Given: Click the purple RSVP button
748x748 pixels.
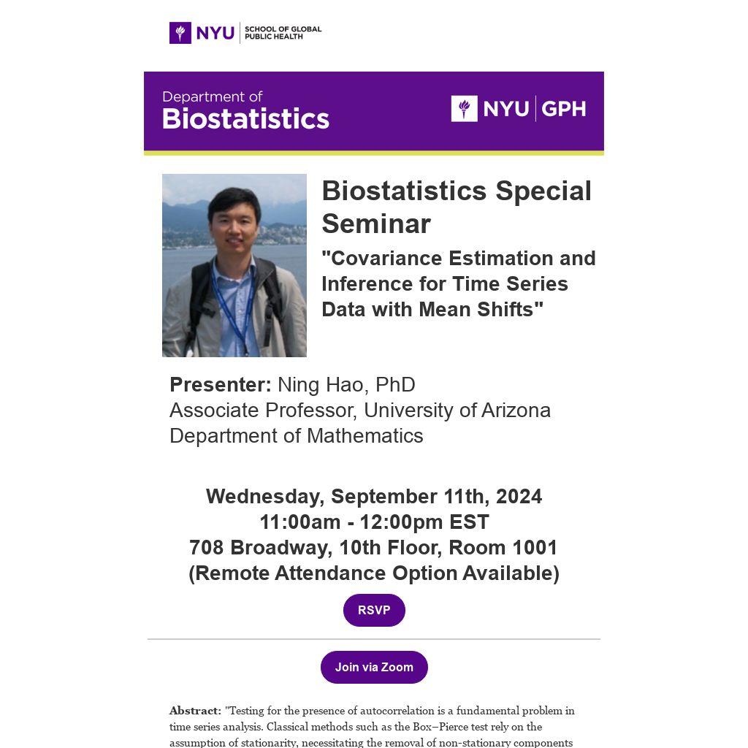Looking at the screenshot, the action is coord(374,610).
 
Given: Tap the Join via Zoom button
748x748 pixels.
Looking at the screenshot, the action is coord(374,667).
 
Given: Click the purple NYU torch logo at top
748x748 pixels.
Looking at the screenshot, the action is coord(180,33).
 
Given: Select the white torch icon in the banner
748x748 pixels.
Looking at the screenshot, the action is coord(464,109).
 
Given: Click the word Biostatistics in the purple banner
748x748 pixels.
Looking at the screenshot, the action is coord(245,119).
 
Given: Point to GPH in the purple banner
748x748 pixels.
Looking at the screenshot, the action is coord(563,109).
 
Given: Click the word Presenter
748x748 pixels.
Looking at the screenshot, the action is coord(221,384).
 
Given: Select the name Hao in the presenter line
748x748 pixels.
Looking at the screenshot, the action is coord(345,384).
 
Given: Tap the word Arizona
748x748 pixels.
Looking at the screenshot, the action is coord(516,411).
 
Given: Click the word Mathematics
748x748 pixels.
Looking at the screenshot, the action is coord(365,436).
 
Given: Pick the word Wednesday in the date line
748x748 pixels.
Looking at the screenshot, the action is coord(265,497).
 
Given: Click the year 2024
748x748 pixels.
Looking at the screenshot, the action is coord(519,496).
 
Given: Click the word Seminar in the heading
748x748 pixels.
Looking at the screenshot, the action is coord(376,224).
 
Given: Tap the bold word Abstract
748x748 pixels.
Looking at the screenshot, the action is coord(195,711).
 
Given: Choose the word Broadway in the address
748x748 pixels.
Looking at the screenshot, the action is coord(281,548).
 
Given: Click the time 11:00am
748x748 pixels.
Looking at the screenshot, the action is coord(300,522).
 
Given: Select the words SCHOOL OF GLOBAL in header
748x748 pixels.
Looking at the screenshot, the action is coord(283,29).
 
